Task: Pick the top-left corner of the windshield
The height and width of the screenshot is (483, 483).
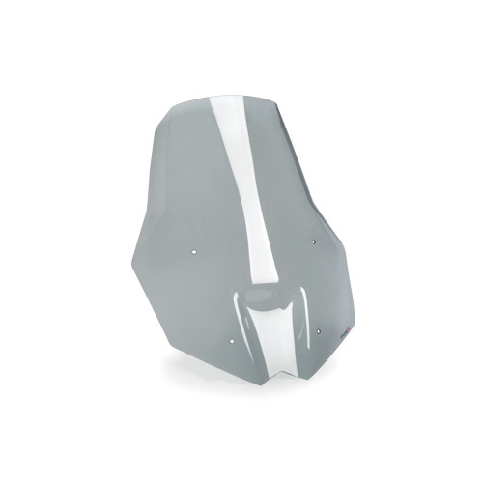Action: click(174, 104)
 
